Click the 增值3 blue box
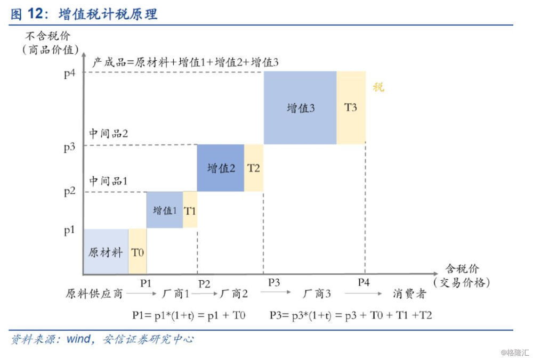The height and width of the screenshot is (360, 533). click(300, 108)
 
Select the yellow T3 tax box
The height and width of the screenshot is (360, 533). click(351, 108)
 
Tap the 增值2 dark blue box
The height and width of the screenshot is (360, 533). click(221, 168)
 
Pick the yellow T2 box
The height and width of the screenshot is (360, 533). click(254, 168)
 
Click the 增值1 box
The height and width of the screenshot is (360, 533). click(165, 210)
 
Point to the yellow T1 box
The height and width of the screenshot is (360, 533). click(190, 210)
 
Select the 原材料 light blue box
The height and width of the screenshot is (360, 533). click(106, 252)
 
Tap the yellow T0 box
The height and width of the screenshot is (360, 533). click(138, 252)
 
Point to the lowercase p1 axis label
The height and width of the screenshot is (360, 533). click(70, 230)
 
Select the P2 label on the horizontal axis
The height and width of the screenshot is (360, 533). click(204, 283)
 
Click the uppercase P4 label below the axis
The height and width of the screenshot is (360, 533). click(364, 282)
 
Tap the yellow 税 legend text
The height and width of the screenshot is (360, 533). click(378, 87)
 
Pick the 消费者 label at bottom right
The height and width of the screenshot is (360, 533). click(410, 293)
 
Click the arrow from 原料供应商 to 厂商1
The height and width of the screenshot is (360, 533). click(140, 293)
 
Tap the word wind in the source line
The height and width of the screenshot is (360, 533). click(78, 339)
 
